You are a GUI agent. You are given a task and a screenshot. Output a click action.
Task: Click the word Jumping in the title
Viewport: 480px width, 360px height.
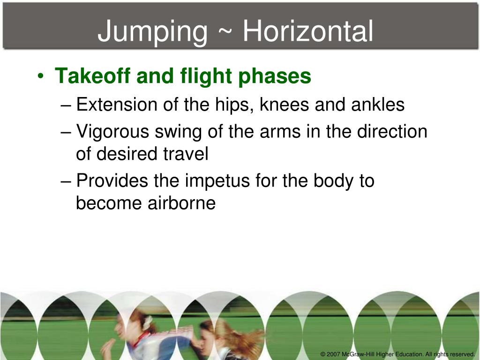152,32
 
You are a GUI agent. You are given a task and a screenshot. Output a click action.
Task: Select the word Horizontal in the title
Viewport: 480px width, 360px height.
308,31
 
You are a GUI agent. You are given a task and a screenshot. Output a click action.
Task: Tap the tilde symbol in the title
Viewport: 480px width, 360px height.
225,32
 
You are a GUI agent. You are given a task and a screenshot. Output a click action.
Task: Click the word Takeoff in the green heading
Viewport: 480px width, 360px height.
93,76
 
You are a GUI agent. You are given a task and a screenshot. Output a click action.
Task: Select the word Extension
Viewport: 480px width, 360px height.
117,105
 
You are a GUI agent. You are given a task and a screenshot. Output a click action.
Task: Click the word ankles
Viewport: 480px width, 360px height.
378,105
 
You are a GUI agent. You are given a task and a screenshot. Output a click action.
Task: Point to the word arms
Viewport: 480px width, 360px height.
265,132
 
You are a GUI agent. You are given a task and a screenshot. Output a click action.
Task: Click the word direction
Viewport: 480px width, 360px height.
392,132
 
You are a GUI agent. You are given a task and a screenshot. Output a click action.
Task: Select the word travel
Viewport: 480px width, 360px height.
189,154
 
